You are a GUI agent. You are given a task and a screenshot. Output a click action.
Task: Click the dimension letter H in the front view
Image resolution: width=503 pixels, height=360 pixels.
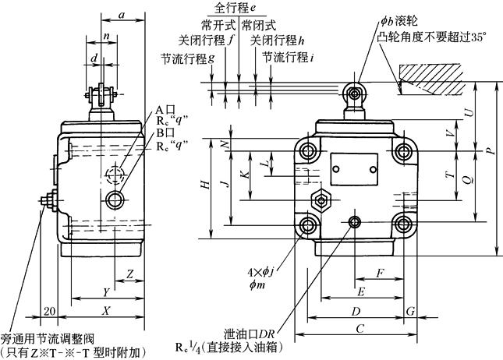(x=204, y=185)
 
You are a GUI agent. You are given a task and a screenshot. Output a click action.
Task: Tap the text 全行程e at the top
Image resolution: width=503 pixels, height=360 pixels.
(x=235, y=9)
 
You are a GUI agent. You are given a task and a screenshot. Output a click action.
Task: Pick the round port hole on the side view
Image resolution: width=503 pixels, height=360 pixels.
(x=118, y=200)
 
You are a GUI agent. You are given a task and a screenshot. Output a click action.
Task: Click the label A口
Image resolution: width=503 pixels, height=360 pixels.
(x=163, y=111)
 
